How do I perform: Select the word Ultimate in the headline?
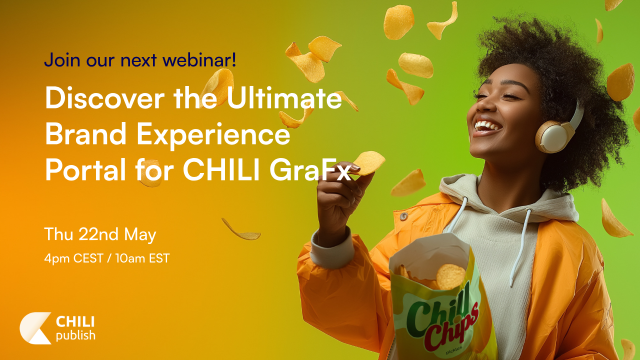click(284, 97)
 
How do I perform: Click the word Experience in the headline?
click(213, 135)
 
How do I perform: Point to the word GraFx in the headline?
click(310, 171)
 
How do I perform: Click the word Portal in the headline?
click(85, 170)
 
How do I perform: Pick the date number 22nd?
click(98, 234)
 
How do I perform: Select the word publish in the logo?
click(75, 335)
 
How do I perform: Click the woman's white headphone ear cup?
click(553, 137)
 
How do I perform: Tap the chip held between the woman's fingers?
click(368, 163)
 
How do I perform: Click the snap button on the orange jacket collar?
click(403, 216)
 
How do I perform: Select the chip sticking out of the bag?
click(450, 276)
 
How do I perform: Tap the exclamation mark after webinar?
click(234, 59)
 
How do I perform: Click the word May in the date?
click(140, 235)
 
